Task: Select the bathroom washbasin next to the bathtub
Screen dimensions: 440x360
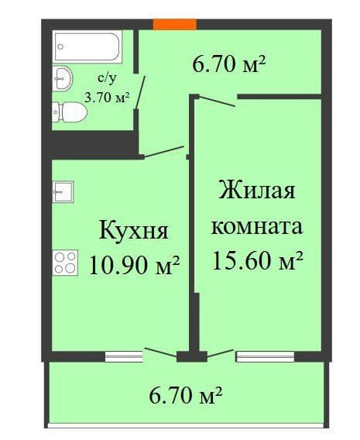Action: pos(63,77)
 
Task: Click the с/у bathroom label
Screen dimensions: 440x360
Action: pos(108,78)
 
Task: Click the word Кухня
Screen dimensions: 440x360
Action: pos(133,230)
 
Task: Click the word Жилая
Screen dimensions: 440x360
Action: pos(257,190)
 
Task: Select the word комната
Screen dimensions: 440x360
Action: pos(256,227)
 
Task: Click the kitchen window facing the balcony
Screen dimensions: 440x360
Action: pos(125,356)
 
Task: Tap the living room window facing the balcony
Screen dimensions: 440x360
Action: pos(265,356)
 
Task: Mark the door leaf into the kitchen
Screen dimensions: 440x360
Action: pos(162,153)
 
